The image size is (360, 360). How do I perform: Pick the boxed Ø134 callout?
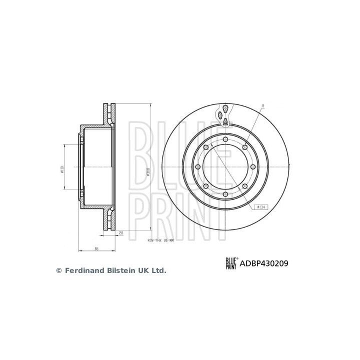[260, 207]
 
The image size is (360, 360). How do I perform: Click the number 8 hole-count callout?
[263, 106]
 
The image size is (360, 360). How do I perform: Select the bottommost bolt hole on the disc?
[226, 194]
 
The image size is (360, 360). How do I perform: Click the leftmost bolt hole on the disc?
[198, 166]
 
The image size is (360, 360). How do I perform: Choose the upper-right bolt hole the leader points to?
[245, 146]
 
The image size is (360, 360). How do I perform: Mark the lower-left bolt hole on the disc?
[206, 186]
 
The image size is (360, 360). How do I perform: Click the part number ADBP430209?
[265, 263]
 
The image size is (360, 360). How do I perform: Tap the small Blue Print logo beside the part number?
[232, 263]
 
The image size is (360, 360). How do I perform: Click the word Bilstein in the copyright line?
[119, 270]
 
